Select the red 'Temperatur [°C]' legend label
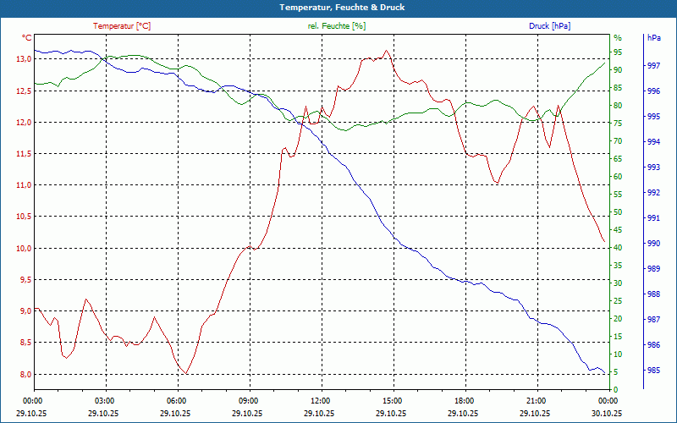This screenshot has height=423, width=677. click(122, 26)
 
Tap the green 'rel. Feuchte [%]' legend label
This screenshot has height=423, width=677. click(337, 26)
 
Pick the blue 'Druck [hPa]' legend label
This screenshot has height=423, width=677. click(549, 26)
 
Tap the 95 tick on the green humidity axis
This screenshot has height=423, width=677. click(618, 52)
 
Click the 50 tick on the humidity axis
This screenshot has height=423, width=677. click(618, 212)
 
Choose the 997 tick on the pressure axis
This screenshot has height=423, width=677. click(653, 66)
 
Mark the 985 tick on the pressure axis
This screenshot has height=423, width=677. click(653, 371)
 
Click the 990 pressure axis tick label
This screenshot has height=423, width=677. click(653, 244)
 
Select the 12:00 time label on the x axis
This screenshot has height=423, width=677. click(320, 400)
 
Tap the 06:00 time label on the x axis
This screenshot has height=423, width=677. click(176, 400)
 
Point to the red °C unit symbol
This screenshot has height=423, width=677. click(27, 38)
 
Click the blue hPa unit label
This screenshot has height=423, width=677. click(653, 38)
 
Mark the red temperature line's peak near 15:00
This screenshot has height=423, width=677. click(387, 51)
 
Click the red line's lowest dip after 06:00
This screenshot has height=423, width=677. click(185, 373)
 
